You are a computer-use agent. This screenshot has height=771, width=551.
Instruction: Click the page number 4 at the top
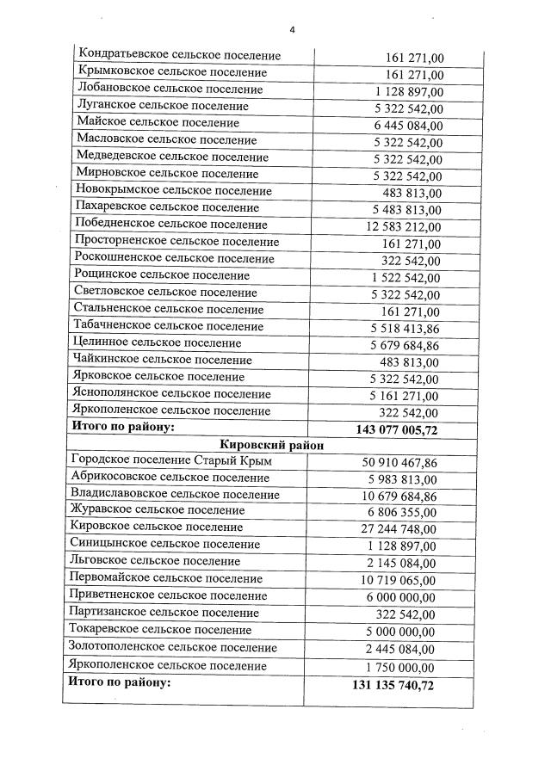pyautogui.click(x=292, y=30)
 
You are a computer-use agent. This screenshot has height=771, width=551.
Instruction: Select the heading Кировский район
pyautogui.click(x=268, y=445)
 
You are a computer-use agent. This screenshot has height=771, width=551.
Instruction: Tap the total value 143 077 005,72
pyautogui.click(x=396, y=429)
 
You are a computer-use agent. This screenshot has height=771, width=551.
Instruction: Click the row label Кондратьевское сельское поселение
pyautogui.click(x=179, y=56)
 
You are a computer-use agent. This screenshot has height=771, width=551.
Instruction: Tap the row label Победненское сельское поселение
pyautogui.click(x=171, y=225)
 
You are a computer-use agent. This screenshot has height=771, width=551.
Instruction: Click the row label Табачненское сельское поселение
pyautogui.click(x=170, y=326)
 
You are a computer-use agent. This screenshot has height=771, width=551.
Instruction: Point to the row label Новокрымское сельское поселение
pyautogui.click(x=174, y=191)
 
